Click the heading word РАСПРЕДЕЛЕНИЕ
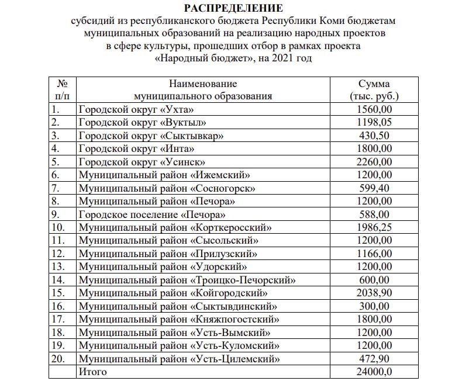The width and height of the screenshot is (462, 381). point(233,8)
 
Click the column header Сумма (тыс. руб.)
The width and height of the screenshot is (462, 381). point(374,90)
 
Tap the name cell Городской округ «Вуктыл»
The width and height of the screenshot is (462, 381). point(142,122)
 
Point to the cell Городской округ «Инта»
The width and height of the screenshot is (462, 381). point(136,148)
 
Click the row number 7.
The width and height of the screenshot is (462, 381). point(56,188)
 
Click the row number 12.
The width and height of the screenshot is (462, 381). point(58,254)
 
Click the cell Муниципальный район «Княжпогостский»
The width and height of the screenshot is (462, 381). point(178,319)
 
